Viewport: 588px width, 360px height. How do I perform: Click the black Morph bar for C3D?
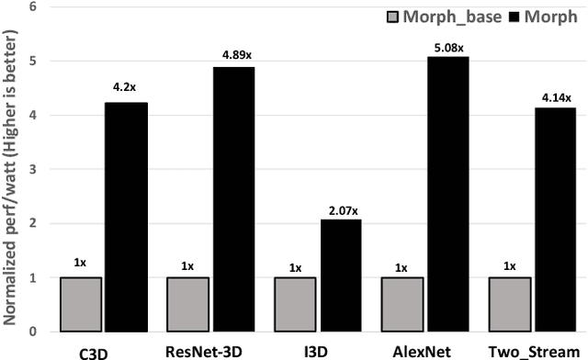coord(125,217)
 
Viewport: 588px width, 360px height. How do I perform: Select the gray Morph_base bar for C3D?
coord(80,304)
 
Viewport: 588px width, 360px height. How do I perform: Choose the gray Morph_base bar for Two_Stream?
coord(510,304)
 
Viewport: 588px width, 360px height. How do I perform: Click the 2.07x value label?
coord(341,210)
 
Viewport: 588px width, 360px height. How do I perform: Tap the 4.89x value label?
coord(236,55)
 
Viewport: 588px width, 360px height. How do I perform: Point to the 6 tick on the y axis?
coord(34,7)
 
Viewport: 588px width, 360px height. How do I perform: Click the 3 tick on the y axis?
coord(34,169)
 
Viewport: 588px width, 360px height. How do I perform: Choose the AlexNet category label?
coord(424,349)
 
